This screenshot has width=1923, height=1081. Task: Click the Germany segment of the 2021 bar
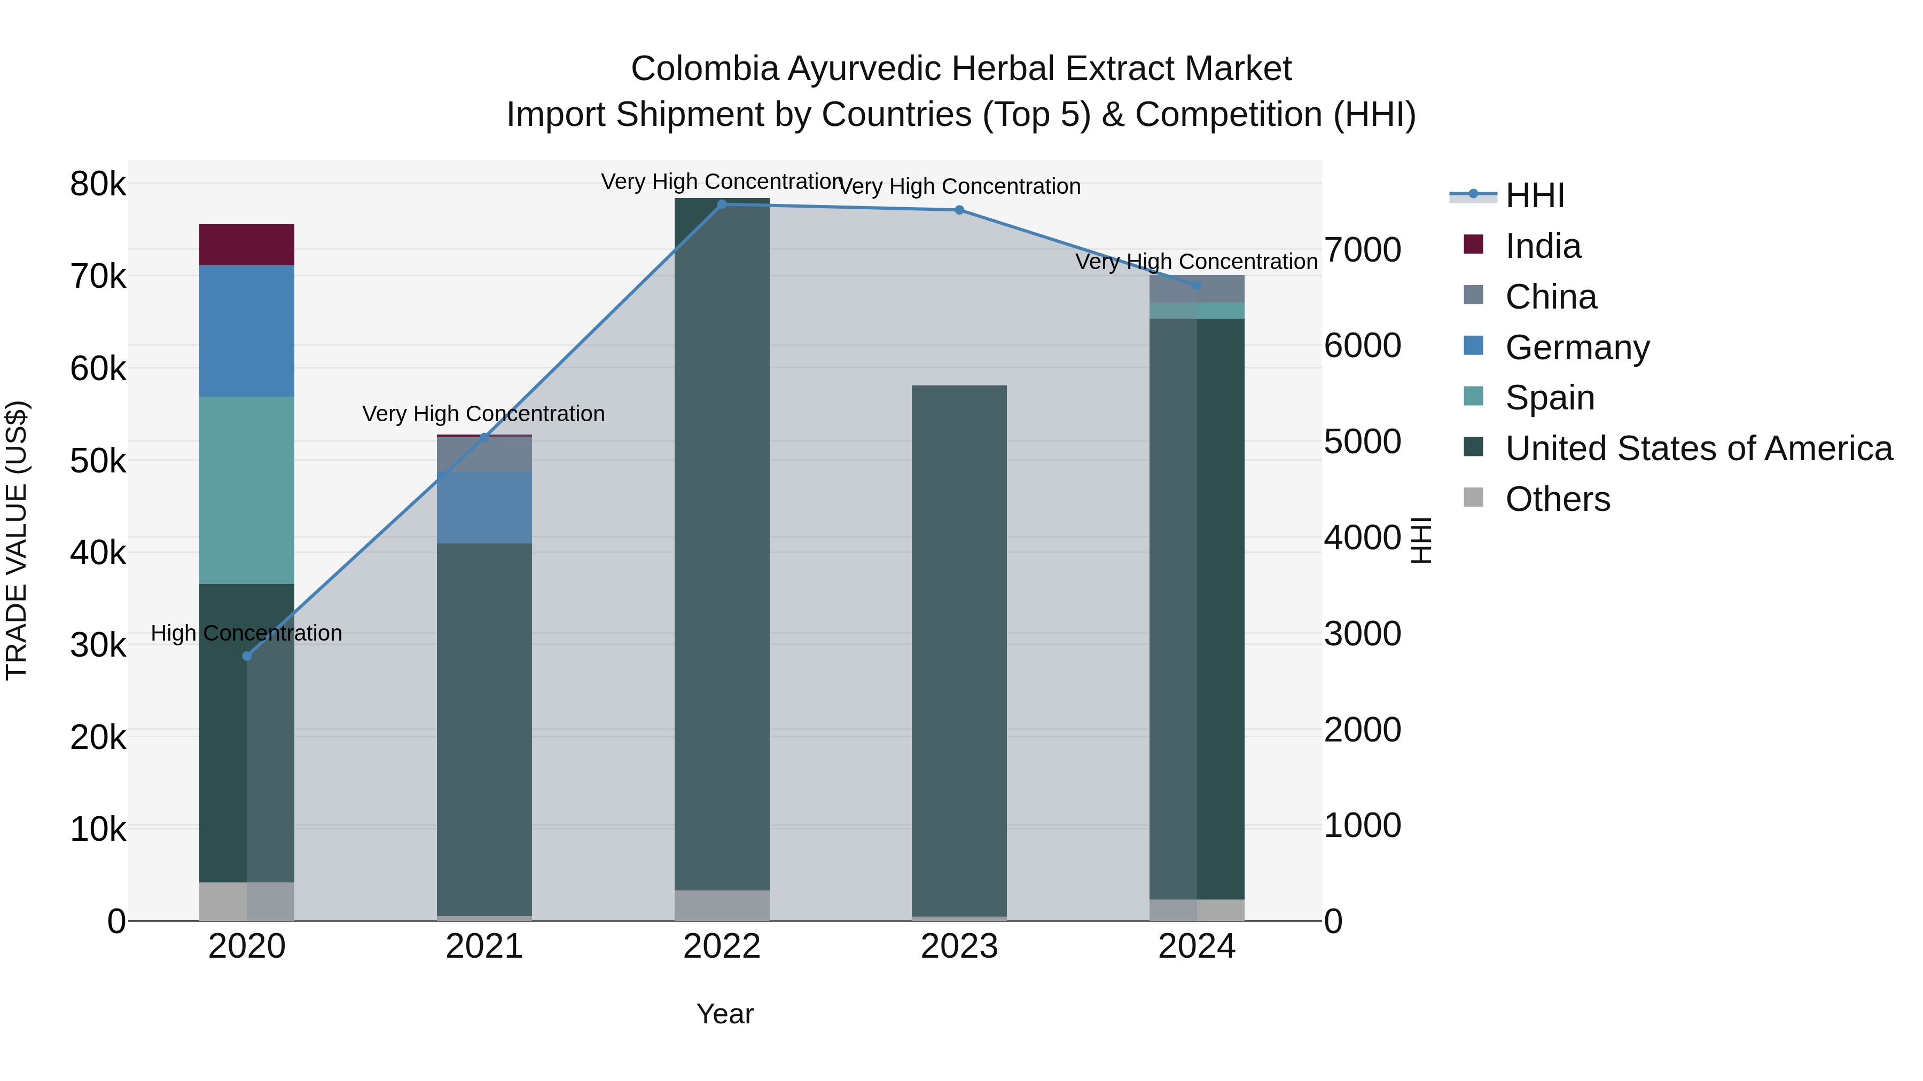tap(484, 507)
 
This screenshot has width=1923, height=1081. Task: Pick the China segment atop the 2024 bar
tap(1197, 289)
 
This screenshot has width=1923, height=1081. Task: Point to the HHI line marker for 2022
tap(721, 204)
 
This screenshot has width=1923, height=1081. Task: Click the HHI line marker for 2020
tap(247, 656)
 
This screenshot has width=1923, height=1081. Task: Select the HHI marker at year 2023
tap(959, 210)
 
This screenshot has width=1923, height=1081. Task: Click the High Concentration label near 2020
tap(246, 633)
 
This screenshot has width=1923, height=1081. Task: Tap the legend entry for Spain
tap(1549, 398)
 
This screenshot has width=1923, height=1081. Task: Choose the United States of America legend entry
tap(1698, 448)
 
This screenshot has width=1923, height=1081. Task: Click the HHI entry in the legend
tap(1534, 195)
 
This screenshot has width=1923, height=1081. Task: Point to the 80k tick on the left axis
tap(98, 184)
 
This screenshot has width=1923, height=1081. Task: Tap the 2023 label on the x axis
tap(959, 946)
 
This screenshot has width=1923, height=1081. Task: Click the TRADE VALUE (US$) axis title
tap(17, 540)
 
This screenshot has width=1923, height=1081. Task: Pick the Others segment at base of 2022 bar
tap(721, 905)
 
